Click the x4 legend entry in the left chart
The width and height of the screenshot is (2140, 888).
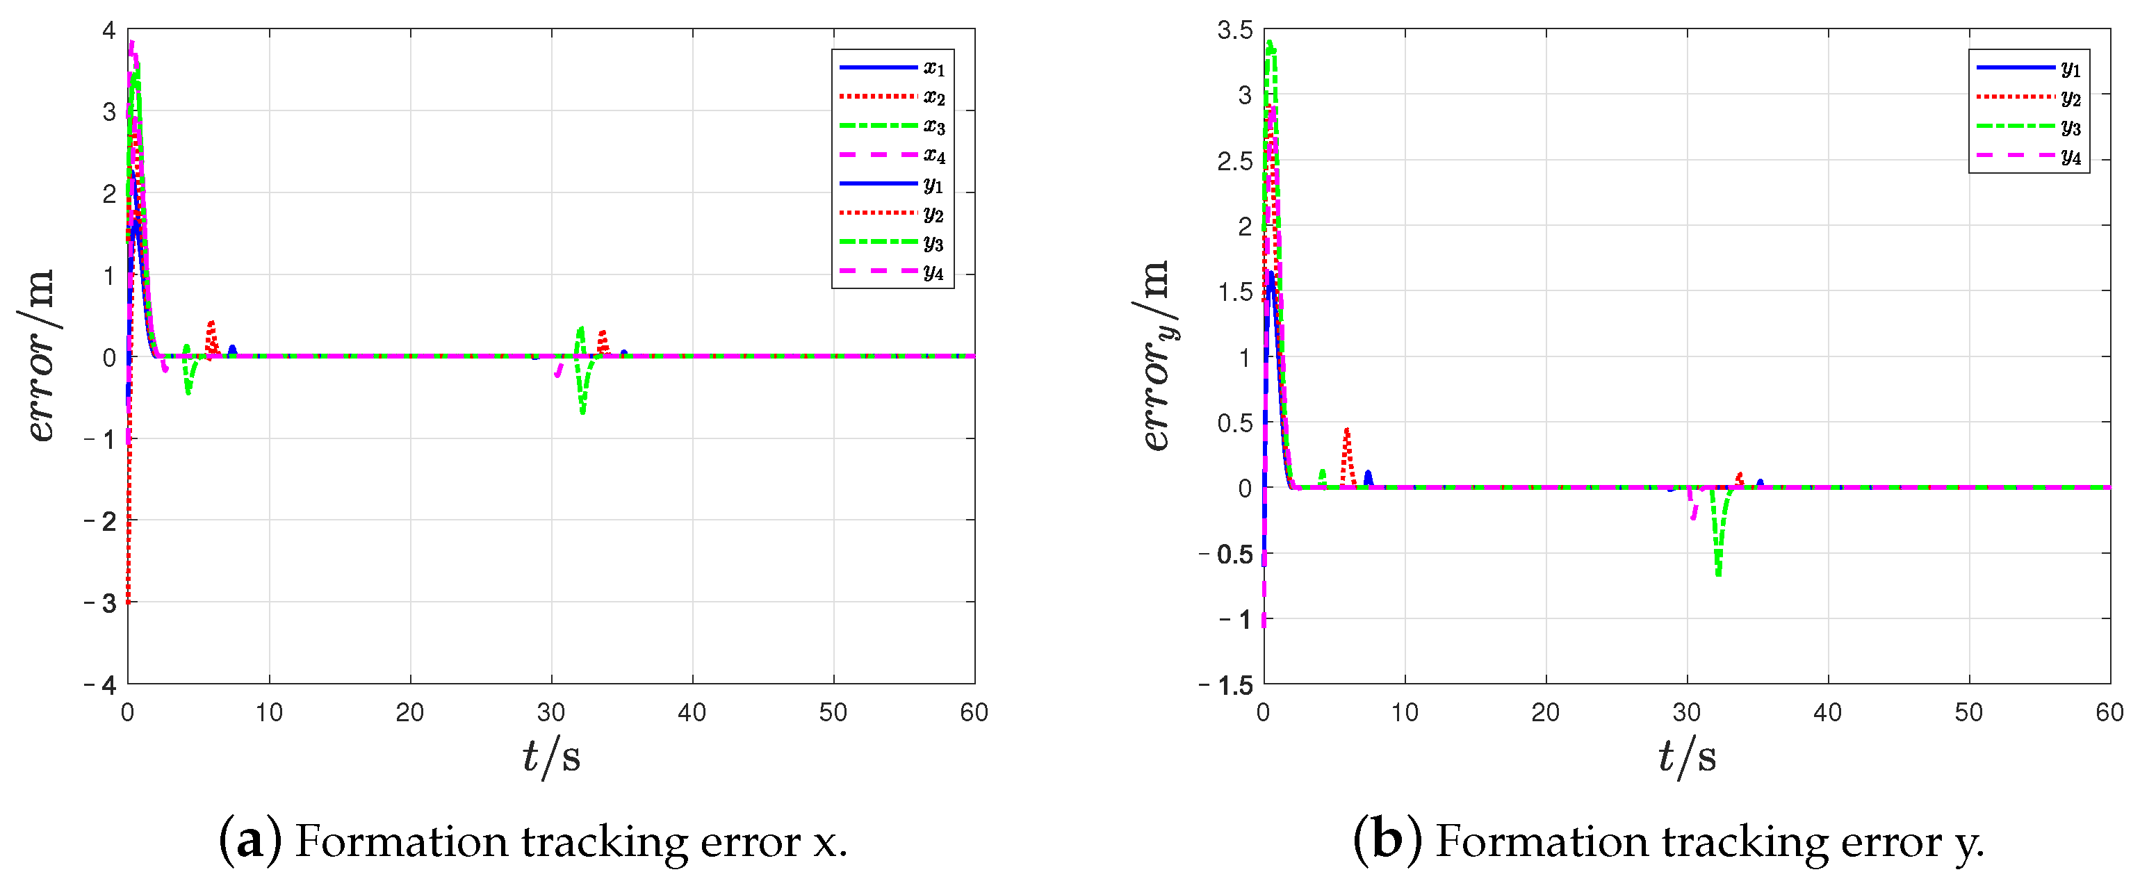click(892, 156)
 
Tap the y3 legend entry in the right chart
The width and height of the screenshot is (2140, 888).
click(2029, 126)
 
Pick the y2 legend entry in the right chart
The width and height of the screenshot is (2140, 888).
click(2029, 97)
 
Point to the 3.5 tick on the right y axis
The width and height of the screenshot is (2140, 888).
click(1234, 31)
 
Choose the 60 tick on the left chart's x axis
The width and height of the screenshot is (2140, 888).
click(974, 712)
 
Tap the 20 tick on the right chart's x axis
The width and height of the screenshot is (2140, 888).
click(1545, 712)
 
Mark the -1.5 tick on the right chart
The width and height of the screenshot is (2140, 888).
click(1226, 684)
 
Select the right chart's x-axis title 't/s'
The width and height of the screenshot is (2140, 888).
click(1686, 757)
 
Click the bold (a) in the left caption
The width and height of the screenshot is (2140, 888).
click(250, 840)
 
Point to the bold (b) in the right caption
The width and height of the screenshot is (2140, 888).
click(1387, 840)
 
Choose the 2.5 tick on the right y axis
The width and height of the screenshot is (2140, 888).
click(1234, 161)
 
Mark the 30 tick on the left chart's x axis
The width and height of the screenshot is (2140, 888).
click(550, 712)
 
